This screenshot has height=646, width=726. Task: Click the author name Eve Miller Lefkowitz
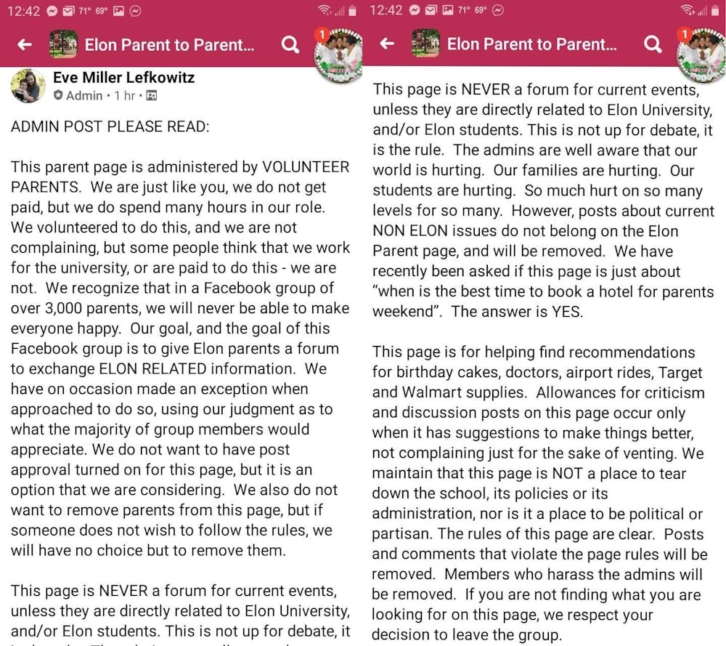(123, 77)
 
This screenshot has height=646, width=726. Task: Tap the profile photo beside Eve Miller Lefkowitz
(28, 86)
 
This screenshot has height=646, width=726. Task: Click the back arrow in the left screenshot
(25, 45)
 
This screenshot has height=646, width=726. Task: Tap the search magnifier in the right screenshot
(653, 45)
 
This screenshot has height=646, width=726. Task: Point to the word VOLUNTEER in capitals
(306, 167)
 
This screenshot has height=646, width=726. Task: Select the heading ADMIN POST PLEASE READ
(110, 126)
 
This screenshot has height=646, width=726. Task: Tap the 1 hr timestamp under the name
(125, 96)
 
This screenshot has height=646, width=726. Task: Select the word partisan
(400, 534)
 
